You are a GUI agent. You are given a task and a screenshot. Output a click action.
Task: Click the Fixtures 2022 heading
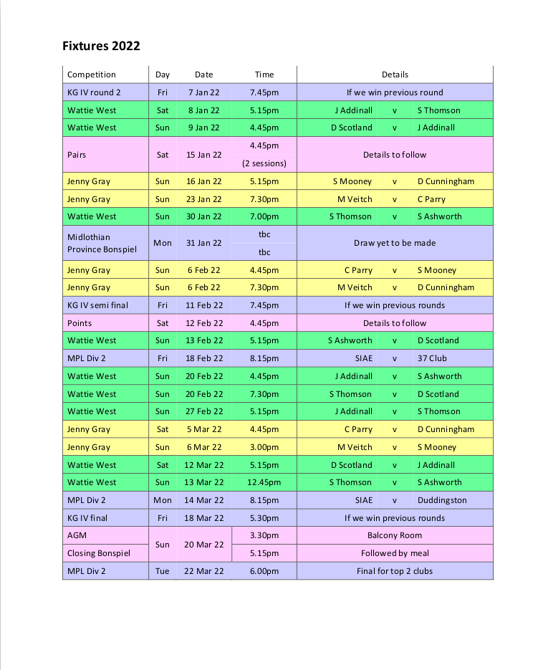101,47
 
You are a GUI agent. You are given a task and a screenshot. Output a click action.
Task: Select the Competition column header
91,75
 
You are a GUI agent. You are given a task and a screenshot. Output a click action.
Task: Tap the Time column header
264,75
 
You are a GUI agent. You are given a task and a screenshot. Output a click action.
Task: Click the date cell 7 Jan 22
204,92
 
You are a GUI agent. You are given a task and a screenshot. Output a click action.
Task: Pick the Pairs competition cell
77,155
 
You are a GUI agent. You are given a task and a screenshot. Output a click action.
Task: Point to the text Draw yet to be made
394,243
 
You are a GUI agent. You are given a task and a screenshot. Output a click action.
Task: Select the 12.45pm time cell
264,482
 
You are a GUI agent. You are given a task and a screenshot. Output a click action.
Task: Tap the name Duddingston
441,500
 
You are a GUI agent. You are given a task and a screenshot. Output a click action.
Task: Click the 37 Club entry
432,358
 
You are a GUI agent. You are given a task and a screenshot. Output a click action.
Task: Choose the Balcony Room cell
394,535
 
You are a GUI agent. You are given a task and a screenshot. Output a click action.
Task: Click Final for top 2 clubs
394,571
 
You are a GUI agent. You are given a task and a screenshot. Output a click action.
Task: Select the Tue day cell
163,571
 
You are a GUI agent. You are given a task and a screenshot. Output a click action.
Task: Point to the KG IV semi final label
97,305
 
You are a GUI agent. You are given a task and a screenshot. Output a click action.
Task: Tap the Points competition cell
80,323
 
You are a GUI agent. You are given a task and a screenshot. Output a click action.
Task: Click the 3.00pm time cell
264,447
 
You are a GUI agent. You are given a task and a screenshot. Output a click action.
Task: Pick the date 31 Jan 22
204,243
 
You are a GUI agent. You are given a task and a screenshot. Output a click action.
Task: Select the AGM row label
76,535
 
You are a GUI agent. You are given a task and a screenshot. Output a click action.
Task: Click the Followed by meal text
394,553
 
